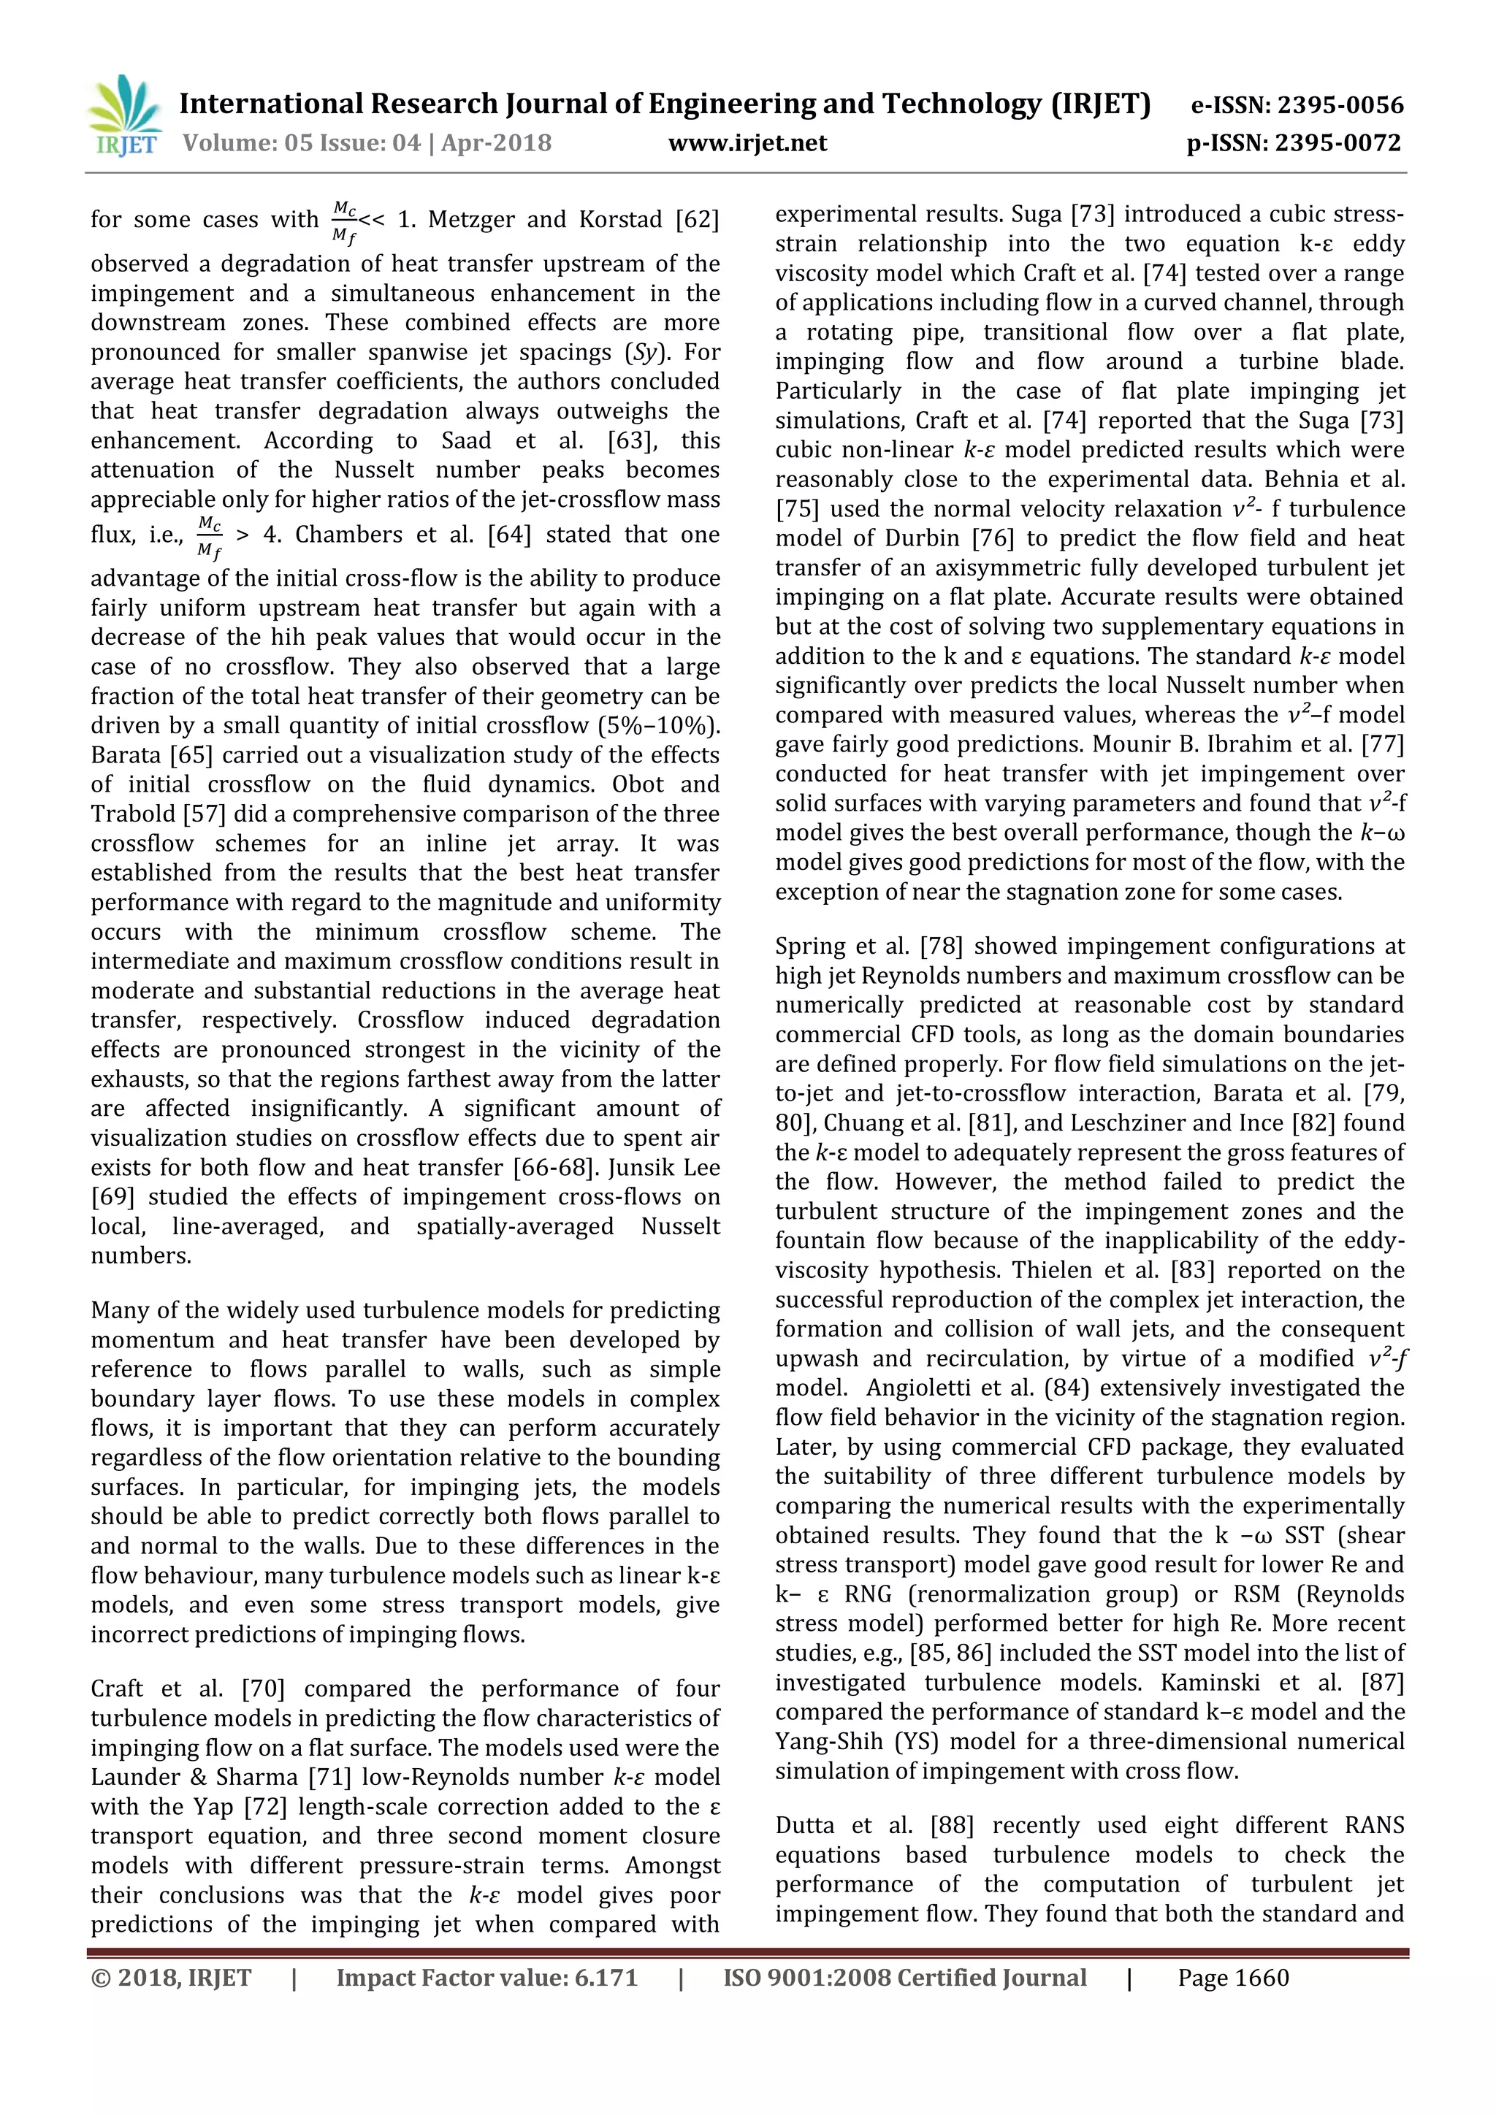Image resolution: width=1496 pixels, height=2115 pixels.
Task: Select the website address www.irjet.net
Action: tap(747, 144)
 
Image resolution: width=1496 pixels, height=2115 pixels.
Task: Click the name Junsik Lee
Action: tap(665, 1167)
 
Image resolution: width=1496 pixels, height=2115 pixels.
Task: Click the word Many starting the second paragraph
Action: tap(119, 1311)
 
